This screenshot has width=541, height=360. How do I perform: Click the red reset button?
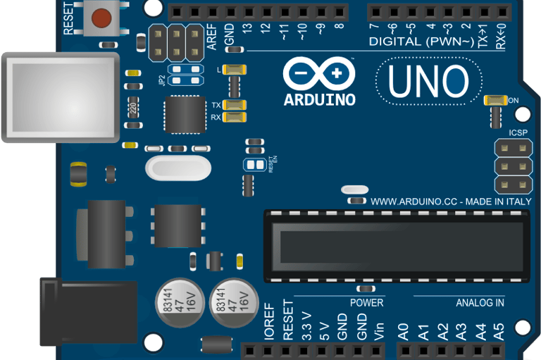(103, 17)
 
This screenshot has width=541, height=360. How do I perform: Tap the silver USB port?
(60, 96)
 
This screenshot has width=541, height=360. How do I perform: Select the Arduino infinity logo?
(319, 73)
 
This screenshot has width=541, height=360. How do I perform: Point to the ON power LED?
(496, 100)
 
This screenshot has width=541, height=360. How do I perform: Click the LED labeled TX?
(235, 105)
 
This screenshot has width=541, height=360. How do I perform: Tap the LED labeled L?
(235, 69)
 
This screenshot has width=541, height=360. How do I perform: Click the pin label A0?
(404, 331)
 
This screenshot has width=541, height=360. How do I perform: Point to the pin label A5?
(499, 331)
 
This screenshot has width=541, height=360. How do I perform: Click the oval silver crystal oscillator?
(178, 168)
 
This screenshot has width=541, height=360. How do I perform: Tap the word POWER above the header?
(366, 302)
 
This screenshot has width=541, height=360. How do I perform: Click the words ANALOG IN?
(480, 303)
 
